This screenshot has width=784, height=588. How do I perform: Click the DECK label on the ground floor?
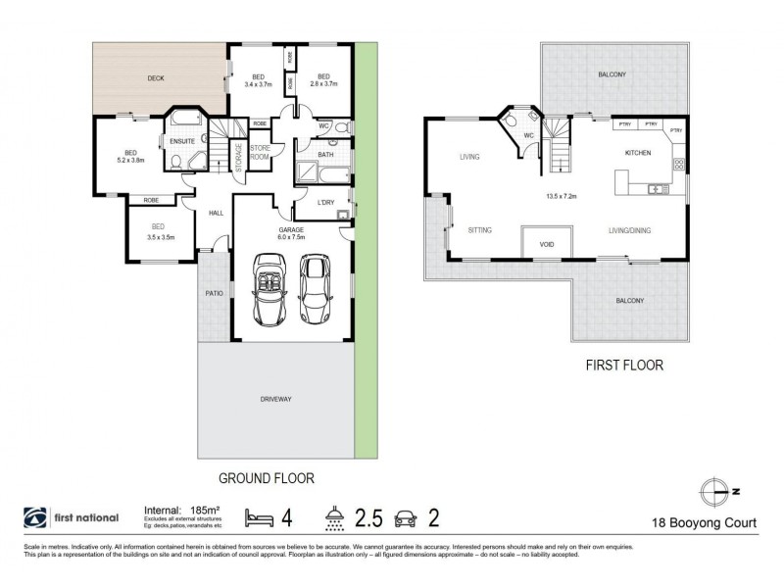(156, 78)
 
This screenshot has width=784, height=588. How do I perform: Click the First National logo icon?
(35, 517)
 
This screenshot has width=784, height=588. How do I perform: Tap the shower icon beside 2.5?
(334, 517)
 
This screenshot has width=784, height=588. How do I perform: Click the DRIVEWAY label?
(278, 399)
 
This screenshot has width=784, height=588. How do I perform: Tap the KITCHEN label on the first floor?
(638, 154)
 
